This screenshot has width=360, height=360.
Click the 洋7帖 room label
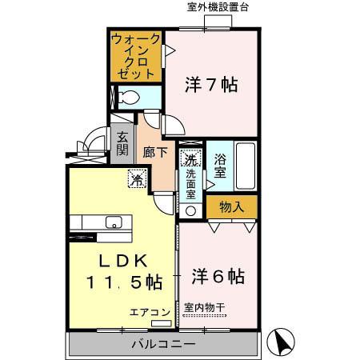(x=211, y=84)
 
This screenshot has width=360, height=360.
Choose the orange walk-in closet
(x=134, y=55)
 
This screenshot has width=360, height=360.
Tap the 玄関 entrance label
(x=122, y=143)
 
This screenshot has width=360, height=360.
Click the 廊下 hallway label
(x=154, y=151)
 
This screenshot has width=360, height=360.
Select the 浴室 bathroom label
(x=221, y=163)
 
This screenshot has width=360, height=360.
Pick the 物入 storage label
(x=231, y=206)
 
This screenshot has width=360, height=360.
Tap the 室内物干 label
(x=206, y=306)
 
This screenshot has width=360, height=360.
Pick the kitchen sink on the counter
(x=113, y=222)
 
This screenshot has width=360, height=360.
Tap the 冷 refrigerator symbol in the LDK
(x=138, y=179)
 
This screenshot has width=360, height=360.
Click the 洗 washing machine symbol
(x=190, y=158)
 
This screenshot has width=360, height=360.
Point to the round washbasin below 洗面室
(x=190, y=211)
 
